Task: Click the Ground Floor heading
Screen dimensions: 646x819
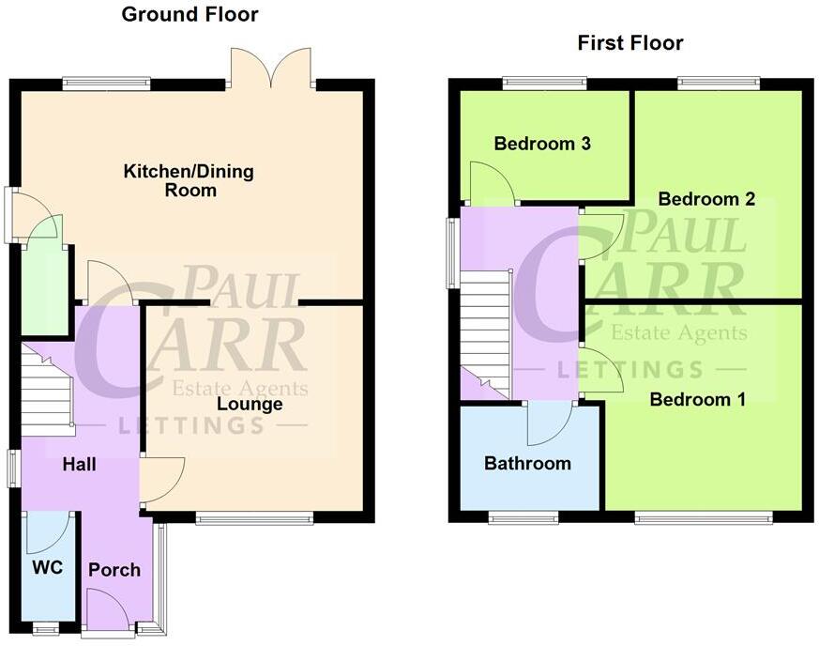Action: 190,14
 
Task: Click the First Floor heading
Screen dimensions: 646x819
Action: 629,42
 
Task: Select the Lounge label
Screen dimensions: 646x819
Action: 250,405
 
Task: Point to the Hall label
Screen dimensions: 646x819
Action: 79,464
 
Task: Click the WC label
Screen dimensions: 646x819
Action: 47,568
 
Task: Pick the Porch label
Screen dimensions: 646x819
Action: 114,570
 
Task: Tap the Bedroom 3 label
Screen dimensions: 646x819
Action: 542,144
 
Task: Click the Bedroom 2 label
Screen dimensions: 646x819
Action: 706,199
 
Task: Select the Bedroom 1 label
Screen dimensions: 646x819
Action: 698,400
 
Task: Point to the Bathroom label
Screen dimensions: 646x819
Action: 527,463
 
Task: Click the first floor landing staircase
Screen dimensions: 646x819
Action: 484,329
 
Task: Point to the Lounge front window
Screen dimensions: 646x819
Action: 254,516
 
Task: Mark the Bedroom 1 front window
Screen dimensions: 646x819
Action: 703,516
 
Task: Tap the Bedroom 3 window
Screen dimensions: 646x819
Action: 544,83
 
